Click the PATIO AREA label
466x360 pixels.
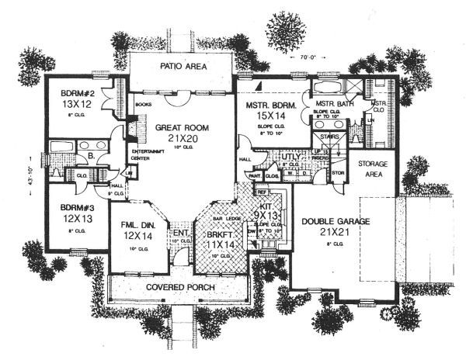click(x=183, y=67)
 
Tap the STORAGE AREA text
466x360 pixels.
click(x=374, y=171)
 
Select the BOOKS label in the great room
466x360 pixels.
click(x=143, y=102)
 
